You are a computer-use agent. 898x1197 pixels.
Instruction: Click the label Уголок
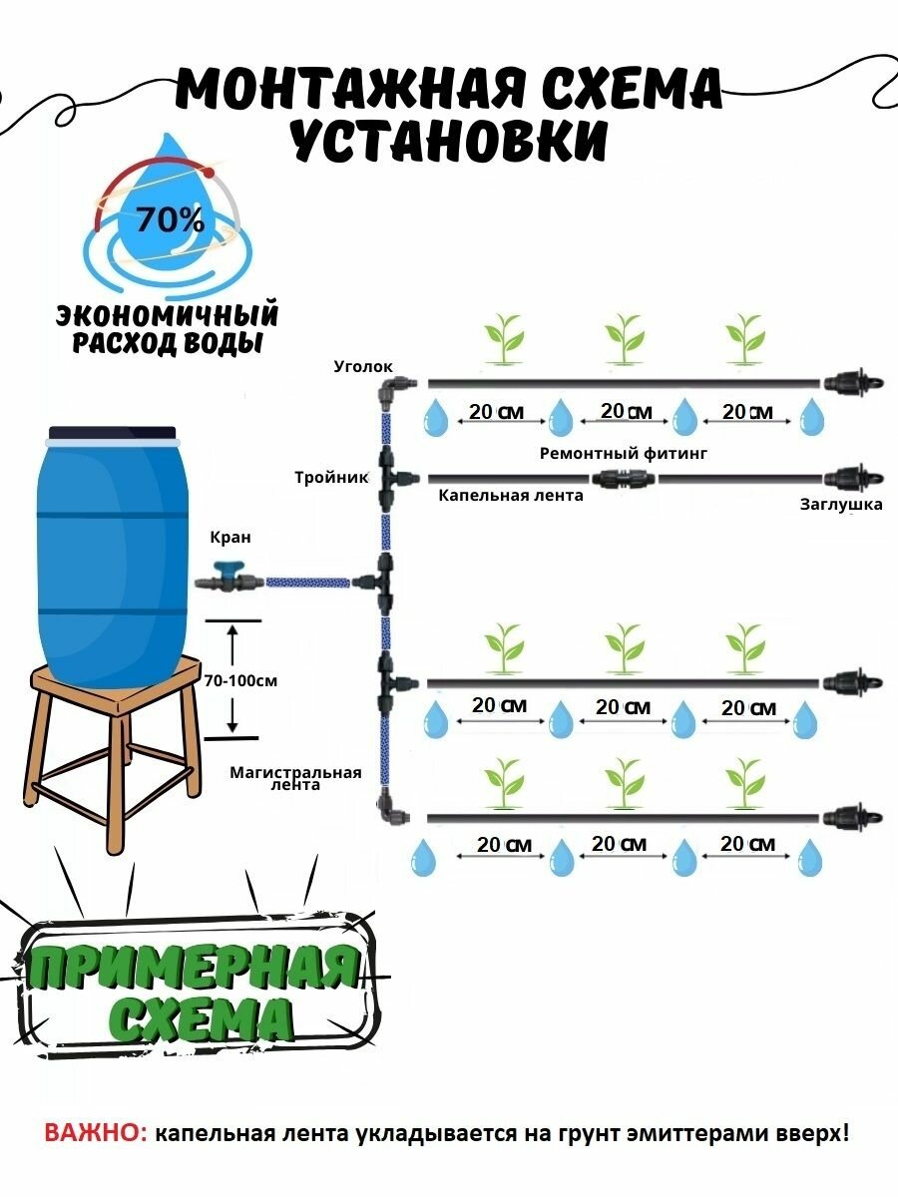364,367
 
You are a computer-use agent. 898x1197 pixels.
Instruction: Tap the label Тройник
320,477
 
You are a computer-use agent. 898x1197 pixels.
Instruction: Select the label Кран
229,538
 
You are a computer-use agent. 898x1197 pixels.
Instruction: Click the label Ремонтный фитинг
623,454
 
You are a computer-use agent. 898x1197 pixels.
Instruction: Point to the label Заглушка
841,505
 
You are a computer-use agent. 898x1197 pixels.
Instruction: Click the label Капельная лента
511,495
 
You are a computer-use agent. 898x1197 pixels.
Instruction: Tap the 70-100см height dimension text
239,681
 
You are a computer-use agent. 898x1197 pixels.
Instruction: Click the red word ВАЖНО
94,1134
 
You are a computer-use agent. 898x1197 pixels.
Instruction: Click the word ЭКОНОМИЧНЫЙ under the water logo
166,316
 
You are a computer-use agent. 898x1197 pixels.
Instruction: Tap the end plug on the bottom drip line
845,817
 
